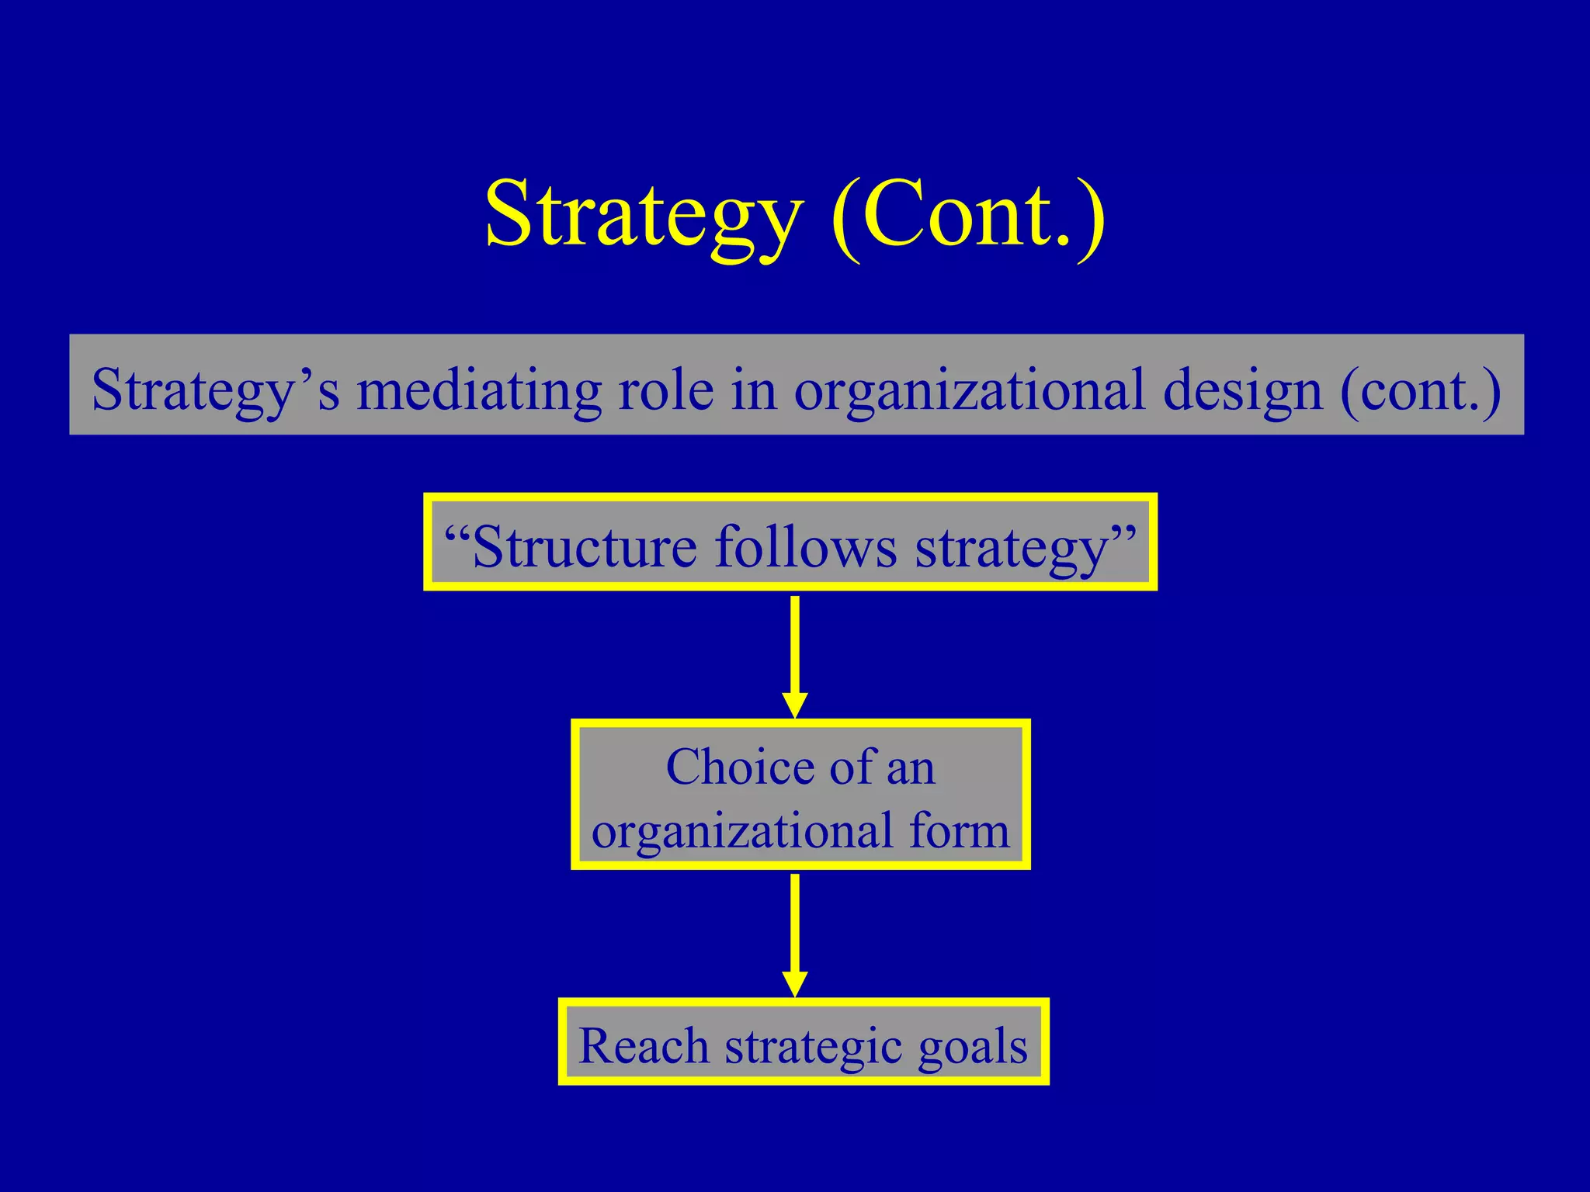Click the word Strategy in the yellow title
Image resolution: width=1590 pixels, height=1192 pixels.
pos(643,214)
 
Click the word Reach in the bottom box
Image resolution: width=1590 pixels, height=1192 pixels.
pos(644,1045)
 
